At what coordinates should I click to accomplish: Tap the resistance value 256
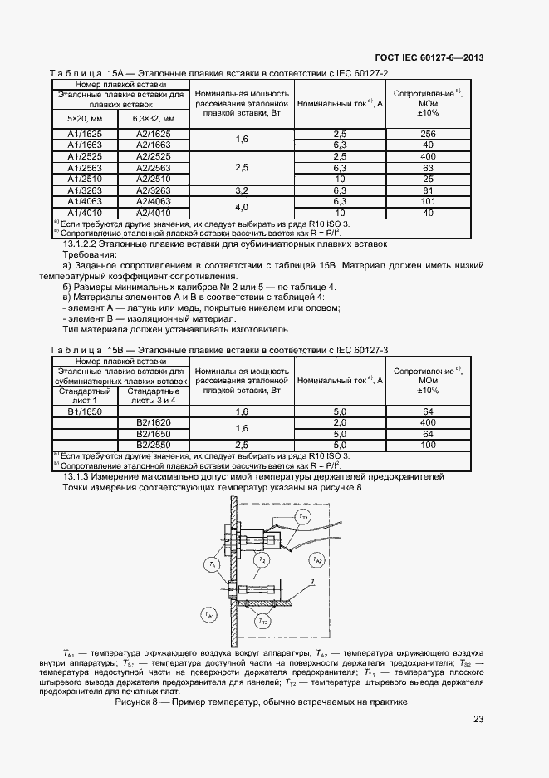click(429, 134)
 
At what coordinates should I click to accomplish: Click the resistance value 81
click(429, 190)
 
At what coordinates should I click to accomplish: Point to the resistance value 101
click(429, 200)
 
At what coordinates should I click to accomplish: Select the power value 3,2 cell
click(242, 190)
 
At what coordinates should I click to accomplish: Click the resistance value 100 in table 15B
click(429, 445)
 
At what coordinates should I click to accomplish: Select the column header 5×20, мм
click(85, 117)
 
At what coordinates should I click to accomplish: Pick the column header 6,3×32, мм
click(154, 117)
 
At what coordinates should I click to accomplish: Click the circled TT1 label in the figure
click(303, 517)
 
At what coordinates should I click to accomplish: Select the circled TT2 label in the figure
click(262, 620)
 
